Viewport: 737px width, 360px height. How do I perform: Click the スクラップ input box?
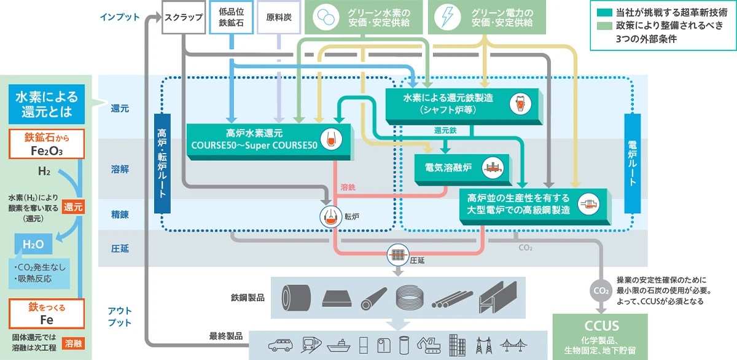coord(182,17)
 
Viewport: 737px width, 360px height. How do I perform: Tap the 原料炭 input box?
coord(278,17)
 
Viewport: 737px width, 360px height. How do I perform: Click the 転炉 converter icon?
coord(330,216)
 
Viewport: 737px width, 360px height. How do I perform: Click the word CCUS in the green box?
coord(601,325)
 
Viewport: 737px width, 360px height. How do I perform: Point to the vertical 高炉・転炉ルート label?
coord(162,163)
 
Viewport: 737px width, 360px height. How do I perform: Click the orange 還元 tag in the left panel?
coord(72,206)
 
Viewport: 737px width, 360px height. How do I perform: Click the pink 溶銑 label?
coord(348,186)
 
